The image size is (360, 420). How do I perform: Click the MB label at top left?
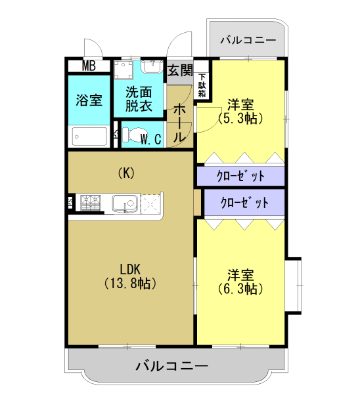pyautogui.click(x=89, y=66)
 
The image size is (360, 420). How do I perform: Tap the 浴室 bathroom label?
pyautogui.click(x=89, y=100)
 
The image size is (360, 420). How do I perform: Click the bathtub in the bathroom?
pyautogui.click(x=89, y=136)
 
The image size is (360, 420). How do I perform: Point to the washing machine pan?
pyautogui.click(x=124, y=70)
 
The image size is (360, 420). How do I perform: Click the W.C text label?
pyautogui.click(x=152, y=138)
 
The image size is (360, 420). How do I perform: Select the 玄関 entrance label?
pyautogui.click(x=179, y=70)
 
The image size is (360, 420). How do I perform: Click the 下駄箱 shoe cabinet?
pyautogui.click(x=202, y=84)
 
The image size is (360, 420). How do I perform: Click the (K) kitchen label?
pyautogui.click(x=126, y=173)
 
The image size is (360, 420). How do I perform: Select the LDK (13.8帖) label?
pyautogui.click(x=129, y=276)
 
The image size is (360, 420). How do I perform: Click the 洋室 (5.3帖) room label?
pyautogui.click(x=240, y=111)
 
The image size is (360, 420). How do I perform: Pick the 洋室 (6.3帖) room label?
pyautogui.click(x=240, y=281)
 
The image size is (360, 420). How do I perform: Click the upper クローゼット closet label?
pyautogui.click(x=240, y=176)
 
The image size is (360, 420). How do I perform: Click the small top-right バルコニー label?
pyautogui.click(x=248, y=40)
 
